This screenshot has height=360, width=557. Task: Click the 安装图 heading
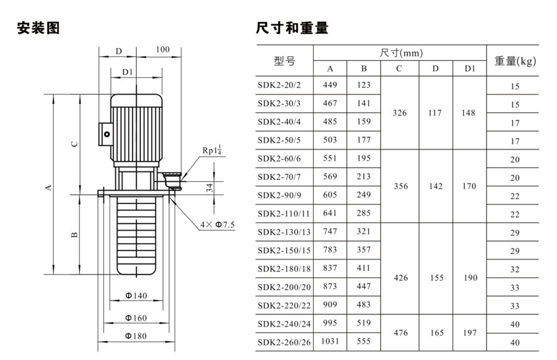(x=38, y=28)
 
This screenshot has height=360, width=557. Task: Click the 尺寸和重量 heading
(x=291, y=28)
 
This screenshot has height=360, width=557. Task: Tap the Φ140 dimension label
(x=136, y=296)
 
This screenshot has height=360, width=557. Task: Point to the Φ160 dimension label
(x=136, y=317)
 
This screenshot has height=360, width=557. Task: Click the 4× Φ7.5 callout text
(x=218, y=224)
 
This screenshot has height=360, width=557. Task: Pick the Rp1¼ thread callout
(x=212, y=150)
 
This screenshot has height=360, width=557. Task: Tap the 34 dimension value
(x=210, y=187)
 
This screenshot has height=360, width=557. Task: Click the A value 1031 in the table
(x=330, y=341)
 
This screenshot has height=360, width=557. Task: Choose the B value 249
(x=364, y=195)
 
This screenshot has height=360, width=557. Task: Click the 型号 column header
(x=284, y=61)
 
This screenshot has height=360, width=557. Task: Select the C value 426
(x=400, y=278)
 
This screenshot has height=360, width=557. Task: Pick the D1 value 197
(x=469, y=332)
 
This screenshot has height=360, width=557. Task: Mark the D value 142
(x=436, y=186)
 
